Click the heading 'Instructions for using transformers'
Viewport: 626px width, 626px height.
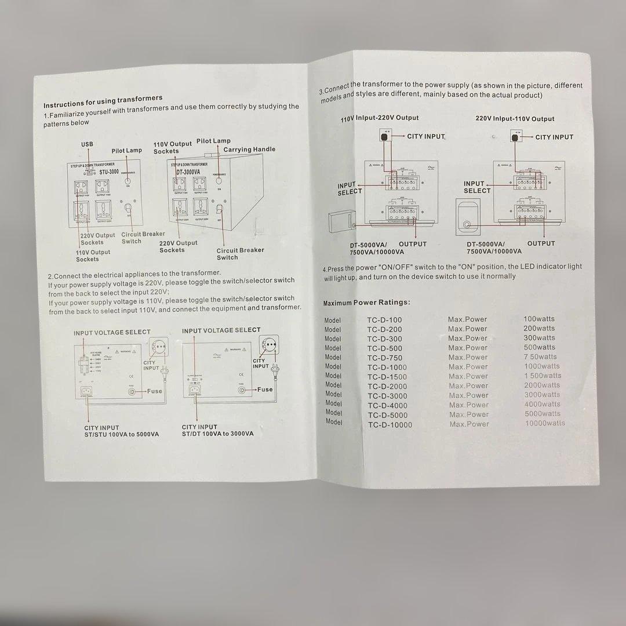103,101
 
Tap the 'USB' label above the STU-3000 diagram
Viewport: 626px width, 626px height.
87,144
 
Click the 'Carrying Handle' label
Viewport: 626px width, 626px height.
249,150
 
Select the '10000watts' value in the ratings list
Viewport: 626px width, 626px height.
544,423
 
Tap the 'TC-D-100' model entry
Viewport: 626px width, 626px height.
384,320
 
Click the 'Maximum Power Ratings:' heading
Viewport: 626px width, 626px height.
366,303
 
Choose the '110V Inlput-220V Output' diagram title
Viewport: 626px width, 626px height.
380,118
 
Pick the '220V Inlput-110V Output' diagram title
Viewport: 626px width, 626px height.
515,119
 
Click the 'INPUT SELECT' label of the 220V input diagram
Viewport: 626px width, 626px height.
476,187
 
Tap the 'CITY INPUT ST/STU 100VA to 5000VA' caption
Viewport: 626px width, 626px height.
121,431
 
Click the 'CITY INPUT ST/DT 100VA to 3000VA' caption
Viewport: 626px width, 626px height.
217,430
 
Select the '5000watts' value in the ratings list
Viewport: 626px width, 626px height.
542,414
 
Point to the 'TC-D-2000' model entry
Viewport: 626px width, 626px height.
387,386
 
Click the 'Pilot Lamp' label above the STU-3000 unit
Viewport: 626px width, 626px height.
126,151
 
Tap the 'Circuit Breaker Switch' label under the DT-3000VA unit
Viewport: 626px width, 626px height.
240,253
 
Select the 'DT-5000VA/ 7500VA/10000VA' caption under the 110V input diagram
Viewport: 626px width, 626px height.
376,248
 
